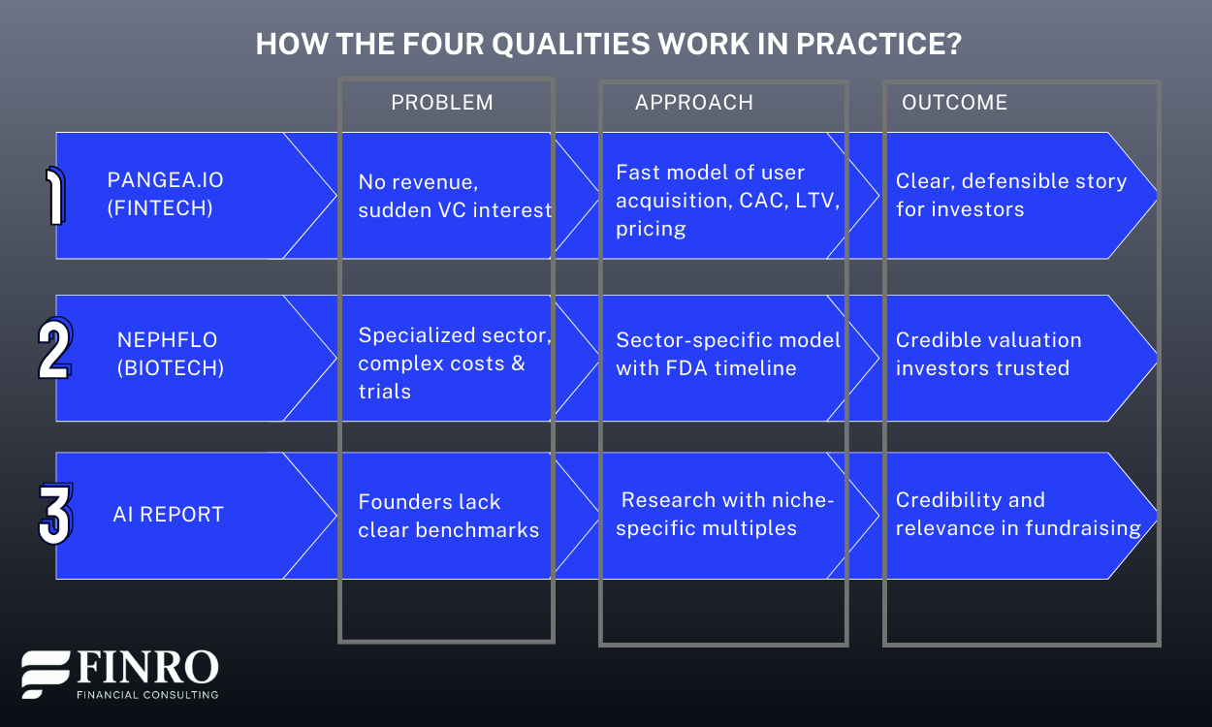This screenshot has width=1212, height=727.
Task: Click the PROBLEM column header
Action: coord(442,103)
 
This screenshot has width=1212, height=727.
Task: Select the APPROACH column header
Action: coord(694,103)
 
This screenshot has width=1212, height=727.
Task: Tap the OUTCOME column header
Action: coord(954,103)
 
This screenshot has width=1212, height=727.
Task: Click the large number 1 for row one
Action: coord(56,196)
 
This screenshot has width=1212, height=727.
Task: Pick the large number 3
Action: coord(55,515)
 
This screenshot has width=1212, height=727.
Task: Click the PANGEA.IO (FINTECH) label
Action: coord(165,194)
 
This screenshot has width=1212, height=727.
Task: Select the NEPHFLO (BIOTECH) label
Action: coord(168,354)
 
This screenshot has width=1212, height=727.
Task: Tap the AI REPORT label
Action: coord(168,515)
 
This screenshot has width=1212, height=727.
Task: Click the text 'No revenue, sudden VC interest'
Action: coord(454,196)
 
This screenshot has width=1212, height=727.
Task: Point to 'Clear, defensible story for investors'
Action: coord(1010,195)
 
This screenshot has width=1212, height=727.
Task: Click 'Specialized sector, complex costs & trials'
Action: coord(454,363)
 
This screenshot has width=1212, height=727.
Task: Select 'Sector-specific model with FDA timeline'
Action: coord(727,354)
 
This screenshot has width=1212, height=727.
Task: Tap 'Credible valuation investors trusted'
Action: coord(988,354)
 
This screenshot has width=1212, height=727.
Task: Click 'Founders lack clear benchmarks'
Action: coord(448,516)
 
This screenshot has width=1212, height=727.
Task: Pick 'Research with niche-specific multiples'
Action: coord(725,514)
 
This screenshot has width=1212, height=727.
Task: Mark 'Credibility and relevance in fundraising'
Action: coord(1018,514)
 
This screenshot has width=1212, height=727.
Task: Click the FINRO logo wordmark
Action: coord(145,669)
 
